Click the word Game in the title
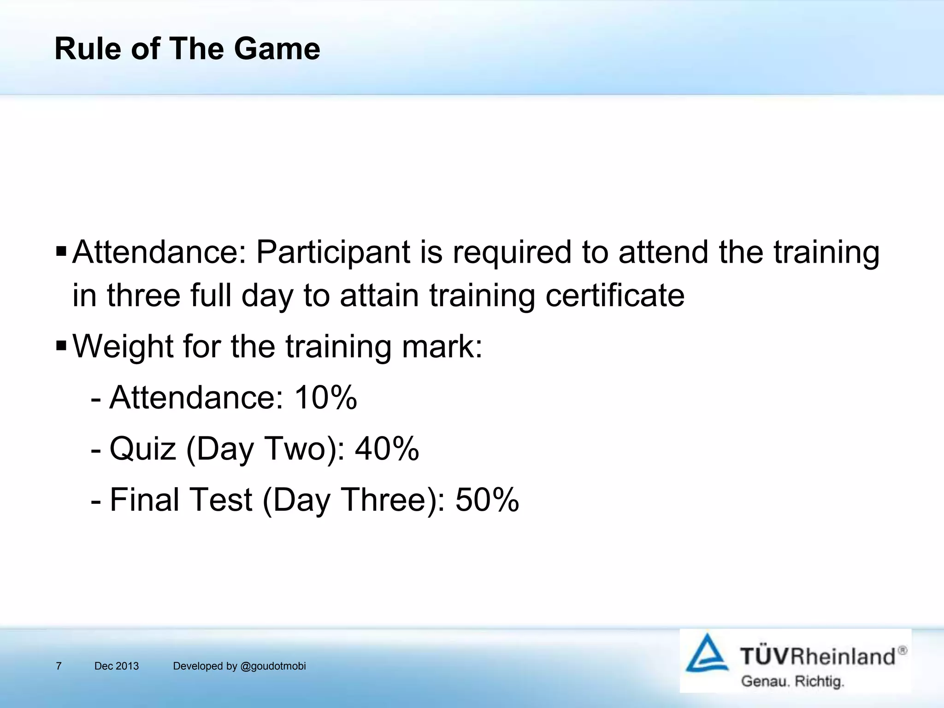click(x=277, y=49)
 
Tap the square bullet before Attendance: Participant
click(x=61, y=252)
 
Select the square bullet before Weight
click(x=61, y=345)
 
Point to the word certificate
click(x=615, y=295)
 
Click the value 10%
click(x=325, y=397)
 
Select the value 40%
click(x=387, y=448)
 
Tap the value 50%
click(x=487, y=500)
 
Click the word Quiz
click(x=143, y=449)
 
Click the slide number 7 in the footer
click(x=59, y=666)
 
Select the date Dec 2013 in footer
click(x=116, y=666)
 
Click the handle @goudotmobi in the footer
click(x=273, y=666)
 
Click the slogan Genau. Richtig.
click(x=792, y=681)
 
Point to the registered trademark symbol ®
click(x=902, y=650)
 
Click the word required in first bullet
click(x=512, y=253)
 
